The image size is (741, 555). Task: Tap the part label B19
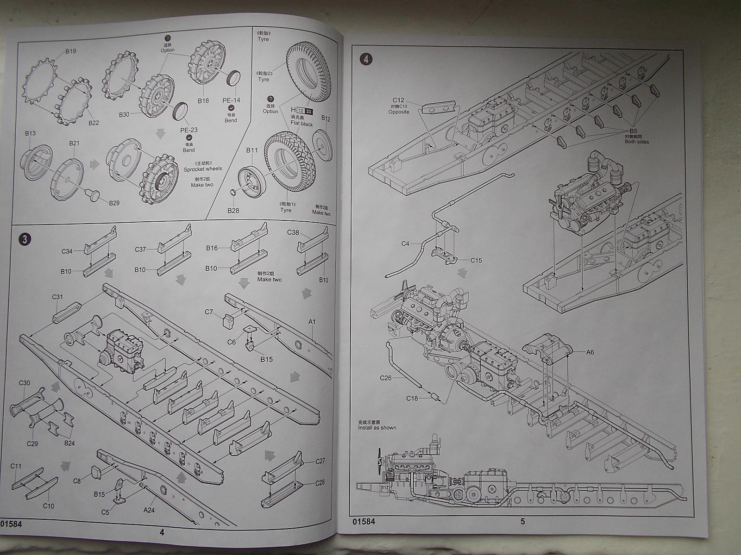[70, 52]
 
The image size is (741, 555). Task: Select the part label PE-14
[231, 100]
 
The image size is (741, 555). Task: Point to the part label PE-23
[188, 130]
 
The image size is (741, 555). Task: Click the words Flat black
[302, 124]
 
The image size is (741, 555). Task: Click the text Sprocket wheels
[203, 169]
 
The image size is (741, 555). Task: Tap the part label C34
[67, 251]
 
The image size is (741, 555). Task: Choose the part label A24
[149, 510]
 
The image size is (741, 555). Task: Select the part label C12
[399, 100]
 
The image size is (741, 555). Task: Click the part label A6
[590, 352]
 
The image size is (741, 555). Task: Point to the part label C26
[386, 378]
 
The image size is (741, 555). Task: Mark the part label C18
[412, 398]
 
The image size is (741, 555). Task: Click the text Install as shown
[377, 428]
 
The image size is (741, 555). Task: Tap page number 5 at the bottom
[523, 522]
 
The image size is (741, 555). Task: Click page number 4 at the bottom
[162, 532]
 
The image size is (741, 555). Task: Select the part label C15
[476, 260]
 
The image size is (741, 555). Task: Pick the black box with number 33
[309, 111]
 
